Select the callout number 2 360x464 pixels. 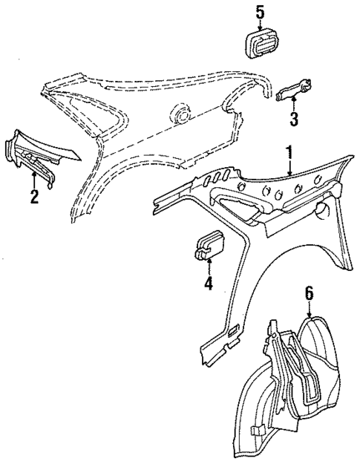pos(33,196)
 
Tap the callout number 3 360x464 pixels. pos(294,119)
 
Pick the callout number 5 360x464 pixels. pos(260,12)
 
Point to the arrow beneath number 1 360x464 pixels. pos(290,171)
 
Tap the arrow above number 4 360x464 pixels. pos(208,267)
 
